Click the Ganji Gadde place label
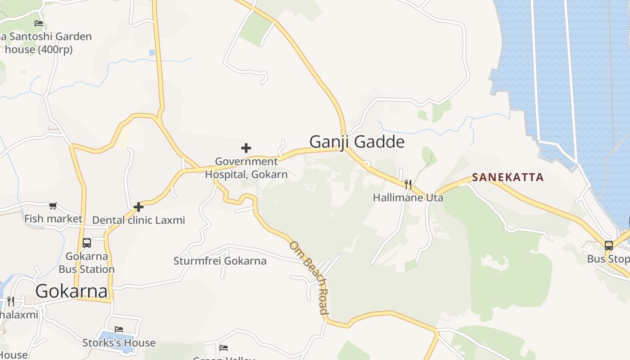pyautogui.click(x=357, y=142)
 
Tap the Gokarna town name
pyautogui.click(x=72, y=291)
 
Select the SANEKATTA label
pyautogui.click(x=508, y=177)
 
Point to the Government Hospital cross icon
pyautogui.click(x=246, y=148)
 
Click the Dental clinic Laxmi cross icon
pyautogui.click(x=139, y=207)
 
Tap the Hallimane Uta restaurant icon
pyautogui.click(x=408, y=184)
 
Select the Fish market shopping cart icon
pyautogui.click(x=53, y=206)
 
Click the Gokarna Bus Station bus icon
pyautogui.click(x=87, y=243)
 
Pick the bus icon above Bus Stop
pyautogui.click(x=608, y=246)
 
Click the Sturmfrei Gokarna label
pyautogui.click(x=220, y=261)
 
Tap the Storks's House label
pyautogui.click(x=119, y=343)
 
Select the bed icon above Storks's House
pyautogui.click(x=119, y=329)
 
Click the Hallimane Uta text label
pyautogui.click(x=408, y=198)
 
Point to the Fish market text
pyautogui.click(x=53, y=219)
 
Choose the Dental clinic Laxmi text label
pyautogui.click(x=139, y=220)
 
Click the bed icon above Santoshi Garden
pyautogui.click(x=39, y=23)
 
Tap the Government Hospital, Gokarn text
pyautogui.click(x=246, y=168)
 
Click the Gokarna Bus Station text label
pyautogui.click(x=87, y=263)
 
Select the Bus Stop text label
pyautogui.click(x=607, y=259)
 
